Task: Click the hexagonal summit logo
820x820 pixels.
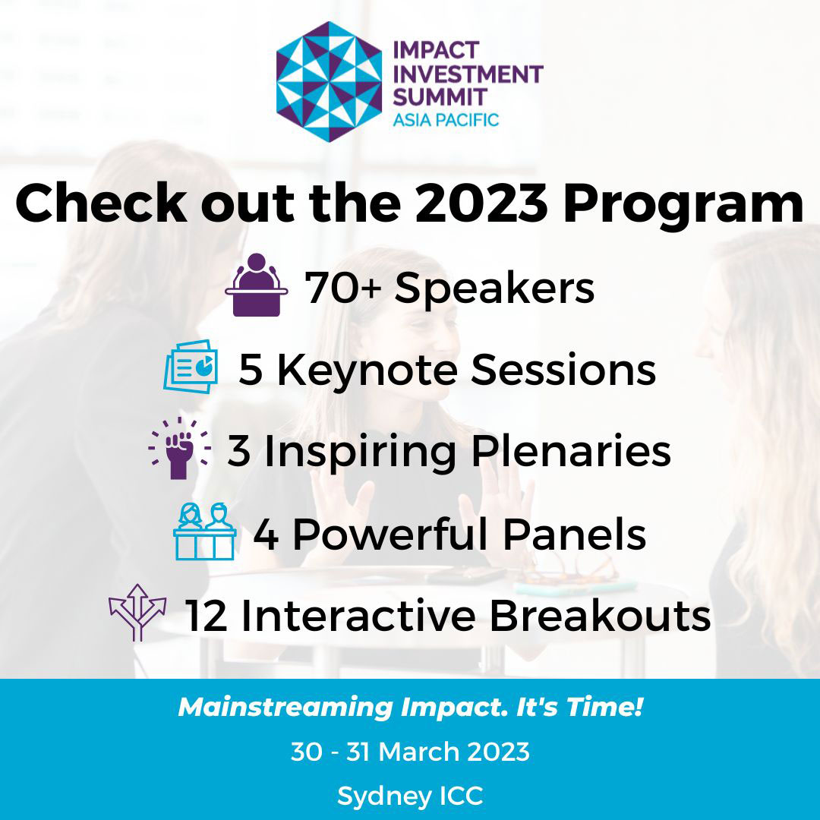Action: pos(328,81)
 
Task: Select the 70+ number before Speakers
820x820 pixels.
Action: pos(343,289)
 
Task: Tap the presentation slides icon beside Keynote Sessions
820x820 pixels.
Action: pos(191,367)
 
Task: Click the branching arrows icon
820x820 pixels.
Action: pos(137,612)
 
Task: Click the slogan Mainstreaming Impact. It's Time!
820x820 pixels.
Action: pos(410,708)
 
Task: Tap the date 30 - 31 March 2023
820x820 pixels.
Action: pos(410,752)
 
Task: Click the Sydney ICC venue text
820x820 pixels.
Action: pos(410,796)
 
